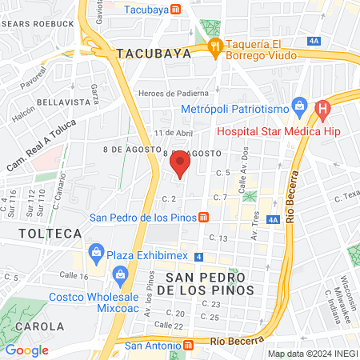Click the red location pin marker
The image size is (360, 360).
180,165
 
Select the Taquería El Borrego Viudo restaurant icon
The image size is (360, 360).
214,46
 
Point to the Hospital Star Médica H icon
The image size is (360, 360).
322,108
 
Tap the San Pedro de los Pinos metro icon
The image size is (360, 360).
204,217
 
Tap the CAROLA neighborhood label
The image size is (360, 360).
38,326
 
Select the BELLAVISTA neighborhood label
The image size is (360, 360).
44,102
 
